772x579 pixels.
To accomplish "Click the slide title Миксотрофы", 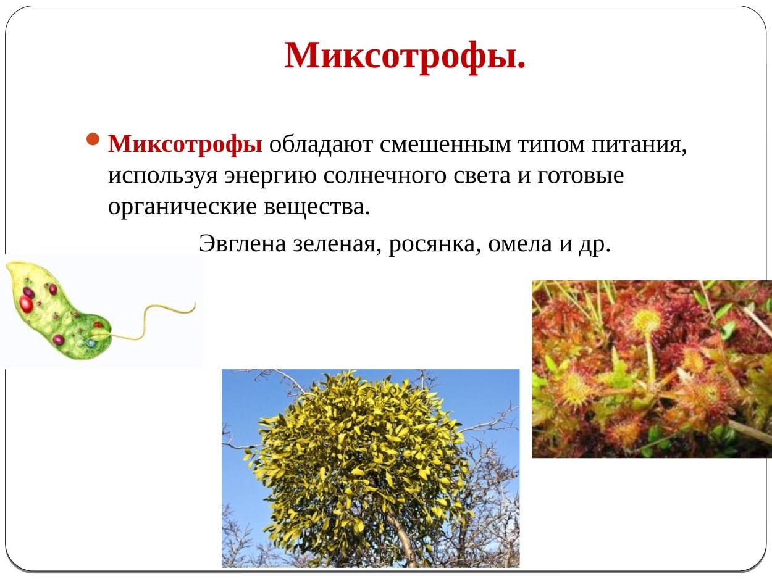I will (405, 56).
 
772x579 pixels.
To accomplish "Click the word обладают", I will (320, 144).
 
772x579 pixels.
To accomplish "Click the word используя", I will (161, 176).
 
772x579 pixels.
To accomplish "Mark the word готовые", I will (581, 176).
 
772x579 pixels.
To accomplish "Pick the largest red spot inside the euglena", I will (27, 303).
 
